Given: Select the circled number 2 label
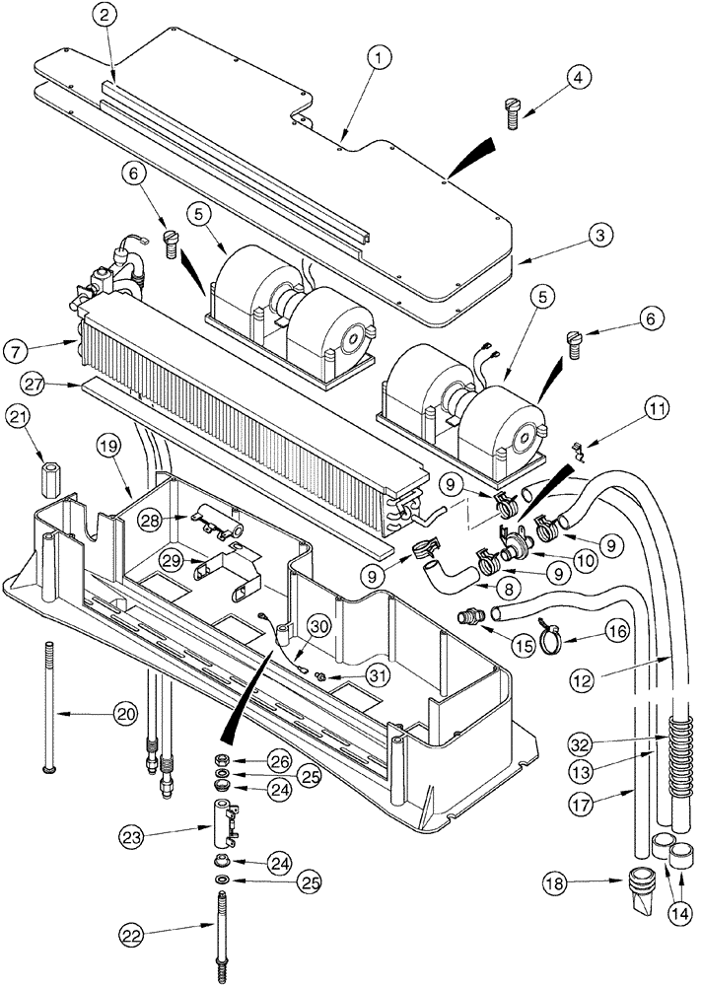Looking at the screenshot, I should tap(106, 14).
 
